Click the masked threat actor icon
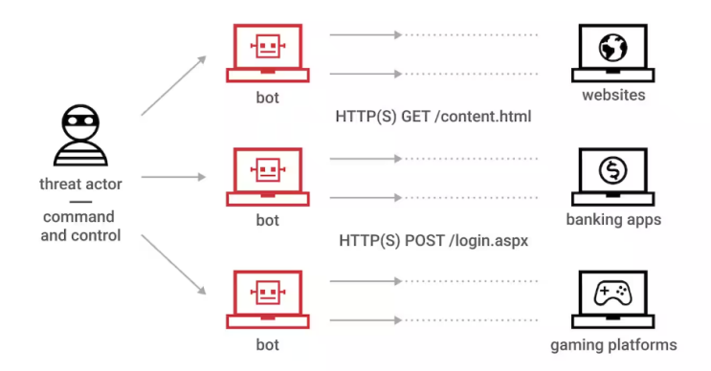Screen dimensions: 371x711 (79, 136)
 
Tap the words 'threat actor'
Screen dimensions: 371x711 (80, 183)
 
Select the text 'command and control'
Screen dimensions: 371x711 (80, 226)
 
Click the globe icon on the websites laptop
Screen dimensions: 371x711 (612, 48)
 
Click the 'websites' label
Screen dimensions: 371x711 (613, 96)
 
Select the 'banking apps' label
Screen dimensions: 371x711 (613, 221)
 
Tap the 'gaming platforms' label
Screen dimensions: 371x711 (613, 344)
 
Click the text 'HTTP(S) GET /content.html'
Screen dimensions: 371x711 (433, 117)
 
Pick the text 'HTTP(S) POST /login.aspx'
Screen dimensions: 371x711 (433, 241)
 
